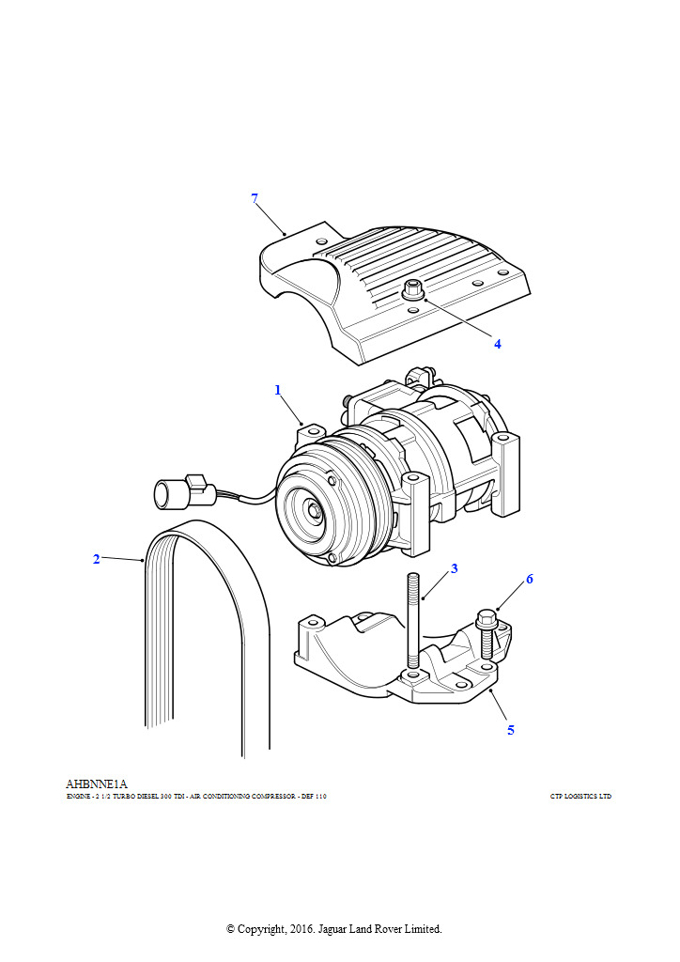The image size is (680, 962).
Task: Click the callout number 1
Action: (x=278, y=389)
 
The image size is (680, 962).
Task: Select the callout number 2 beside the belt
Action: (x=96, y=559)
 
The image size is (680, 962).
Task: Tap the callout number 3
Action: (x=454, y=568)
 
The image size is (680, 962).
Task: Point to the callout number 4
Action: (x=498, y=344)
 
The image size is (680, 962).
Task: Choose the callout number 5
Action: (x=511, y=729)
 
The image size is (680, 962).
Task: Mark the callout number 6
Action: (x=529, y=579)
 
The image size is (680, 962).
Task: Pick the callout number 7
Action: (x=255, y=197)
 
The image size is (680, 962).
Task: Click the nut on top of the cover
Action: (x=410, y=289)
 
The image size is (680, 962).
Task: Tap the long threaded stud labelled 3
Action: (x=413, y=620)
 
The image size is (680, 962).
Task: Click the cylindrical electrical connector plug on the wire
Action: (x=170, y=493)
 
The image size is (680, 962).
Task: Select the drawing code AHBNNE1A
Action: (x=96, y=784)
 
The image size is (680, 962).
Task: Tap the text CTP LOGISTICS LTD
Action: (x=580, y=797)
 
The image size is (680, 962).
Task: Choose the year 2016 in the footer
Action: (x=307, y=928)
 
